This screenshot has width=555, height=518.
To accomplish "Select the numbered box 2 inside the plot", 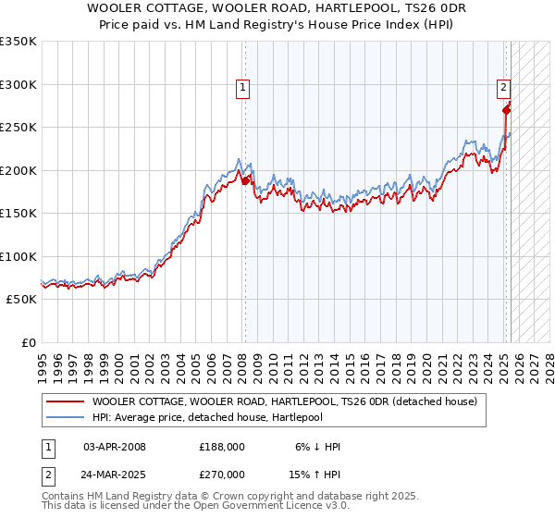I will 504,88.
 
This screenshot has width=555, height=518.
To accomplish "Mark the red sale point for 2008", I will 245,181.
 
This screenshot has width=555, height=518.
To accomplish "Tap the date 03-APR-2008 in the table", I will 115,447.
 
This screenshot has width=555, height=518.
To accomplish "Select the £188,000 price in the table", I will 222,447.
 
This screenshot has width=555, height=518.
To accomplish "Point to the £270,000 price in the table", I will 222,475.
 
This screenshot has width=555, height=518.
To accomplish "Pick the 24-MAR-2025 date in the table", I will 115,475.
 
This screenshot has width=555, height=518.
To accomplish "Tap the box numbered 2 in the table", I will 47,475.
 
